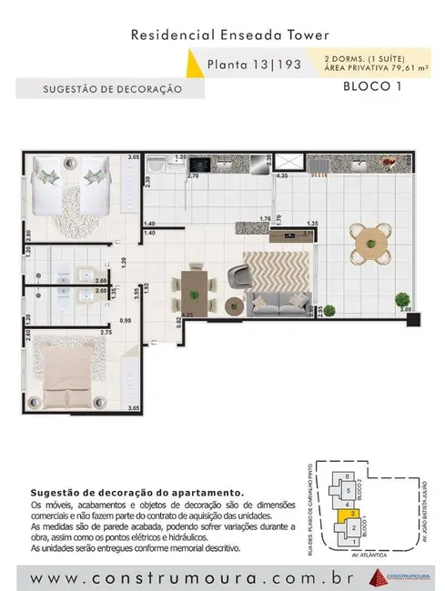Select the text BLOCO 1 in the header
pos(372,87)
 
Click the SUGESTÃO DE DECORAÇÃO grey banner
pos(100,89)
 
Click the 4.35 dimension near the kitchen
pos(281,175)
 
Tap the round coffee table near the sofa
pos(235,305)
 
